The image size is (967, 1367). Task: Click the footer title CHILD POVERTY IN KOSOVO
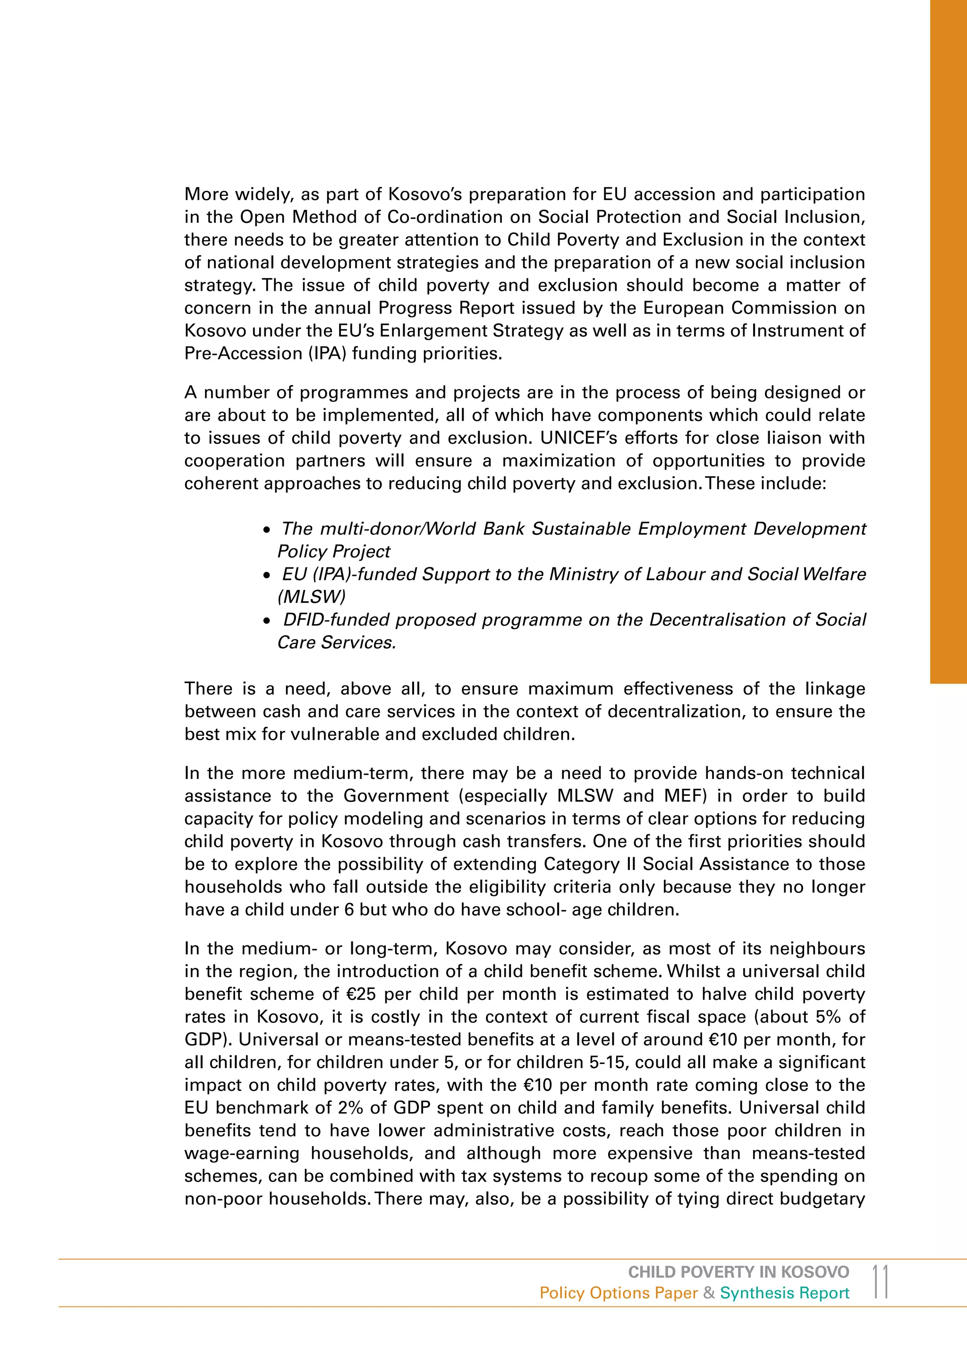(738, 1272)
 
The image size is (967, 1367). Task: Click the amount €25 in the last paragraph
(361, 994)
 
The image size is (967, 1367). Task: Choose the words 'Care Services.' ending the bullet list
(337, 642)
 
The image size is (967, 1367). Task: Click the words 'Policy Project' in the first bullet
(333, 551)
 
